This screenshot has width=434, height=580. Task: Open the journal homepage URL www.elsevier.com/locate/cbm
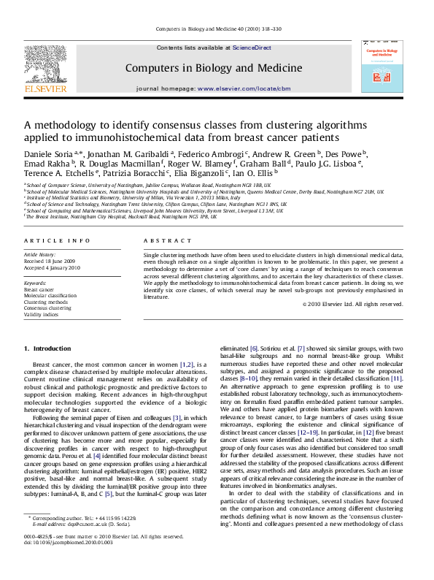[266, 88]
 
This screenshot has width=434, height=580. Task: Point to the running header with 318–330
[217, 28]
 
